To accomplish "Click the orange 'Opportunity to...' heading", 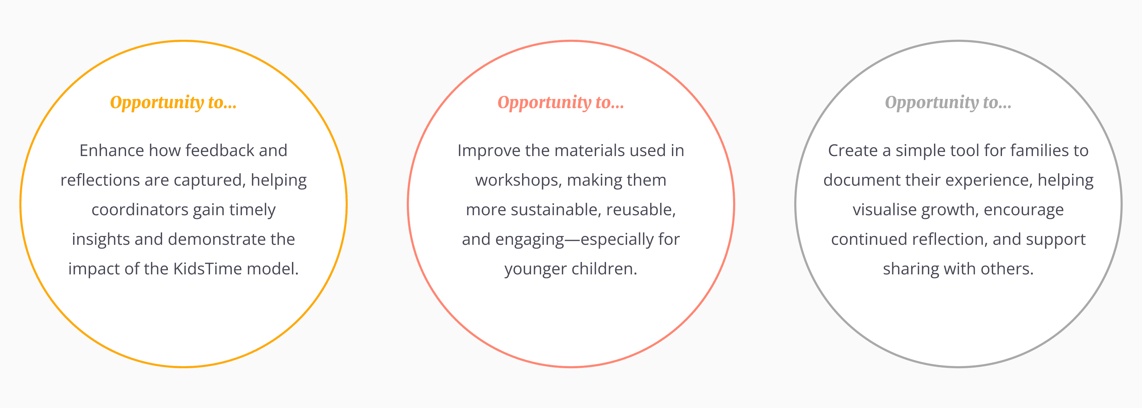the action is [173, 102].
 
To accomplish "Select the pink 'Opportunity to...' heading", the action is [561, 102].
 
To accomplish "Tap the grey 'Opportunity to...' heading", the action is [948, 102].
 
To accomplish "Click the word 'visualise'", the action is [885, 210].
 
